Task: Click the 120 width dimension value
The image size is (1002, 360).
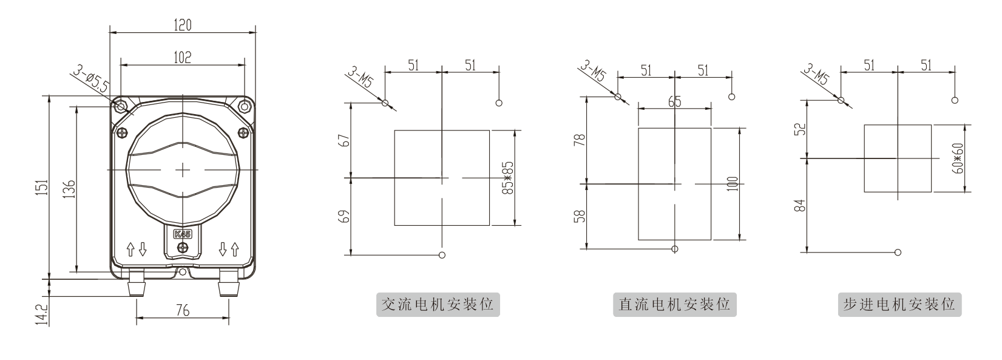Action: [183, 25]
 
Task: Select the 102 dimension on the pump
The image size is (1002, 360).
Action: [183, 57]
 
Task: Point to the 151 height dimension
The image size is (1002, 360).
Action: [42, 187]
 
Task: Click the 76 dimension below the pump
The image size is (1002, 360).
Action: [183, 310]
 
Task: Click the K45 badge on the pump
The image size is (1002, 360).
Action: [183, 234]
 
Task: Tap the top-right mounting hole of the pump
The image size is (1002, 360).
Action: [244, 106]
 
